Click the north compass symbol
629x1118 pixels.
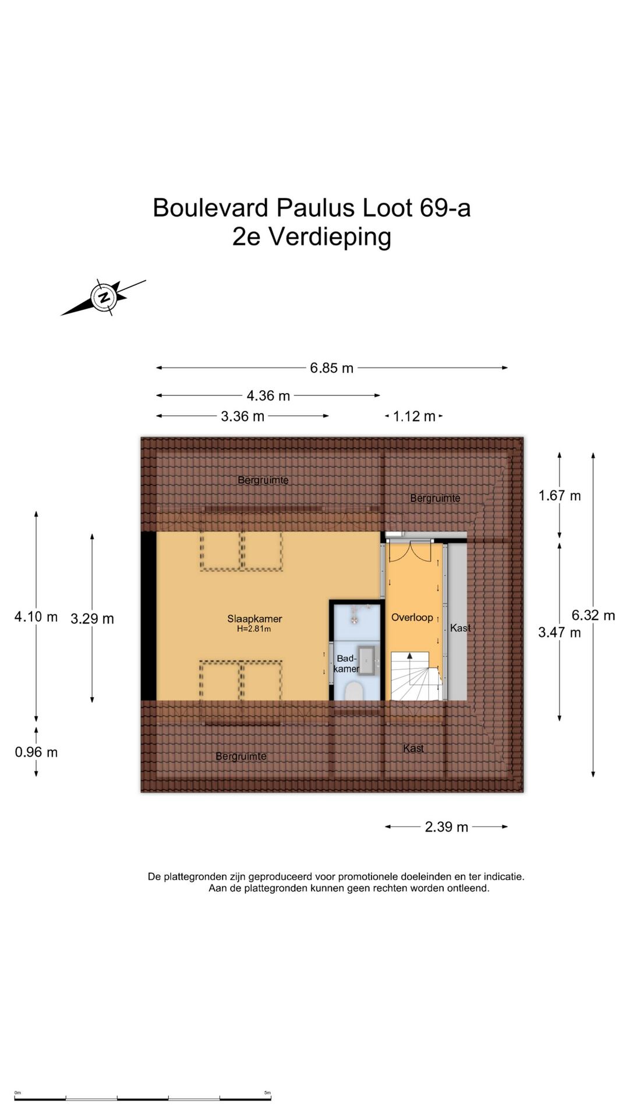(x=104, y=298)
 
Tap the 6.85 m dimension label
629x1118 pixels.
(x=331, y=368)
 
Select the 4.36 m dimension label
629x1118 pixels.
(x=268, y=396)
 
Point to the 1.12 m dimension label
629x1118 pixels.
(x=414, y=416)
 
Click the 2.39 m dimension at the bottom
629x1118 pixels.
(x=446, y=827)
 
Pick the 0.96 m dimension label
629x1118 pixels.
(x=36, y=752)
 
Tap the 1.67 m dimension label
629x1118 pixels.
(x=559, y=496)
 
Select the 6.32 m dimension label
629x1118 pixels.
(x=593, y=615)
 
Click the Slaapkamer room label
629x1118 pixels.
(x=255, y=619)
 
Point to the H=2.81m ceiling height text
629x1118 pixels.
(x=254, y=629)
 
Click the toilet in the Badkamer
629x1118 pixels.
(x=354, y=691)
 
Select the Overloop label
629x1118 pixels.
(x=412, y=617)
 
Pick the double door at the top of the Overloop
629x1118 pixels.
(x=411, y=551)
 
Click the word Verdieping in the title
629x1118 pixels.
(x=330, y=238)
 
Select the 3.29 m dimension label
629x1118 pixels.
(x=92, y=619)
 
